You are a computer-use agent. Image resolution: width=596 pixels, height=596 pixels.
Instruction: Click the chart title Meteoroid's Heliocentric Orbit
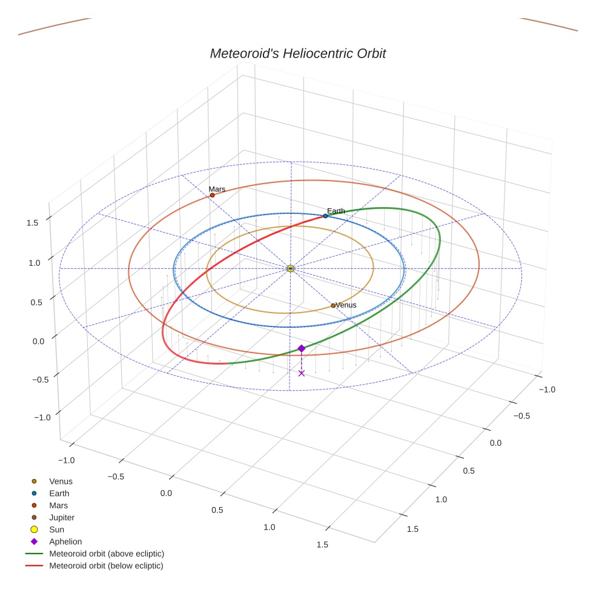click(x=297, y=53)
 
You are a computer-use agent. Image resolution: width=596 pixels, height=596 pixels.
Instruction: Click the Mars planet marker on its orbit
click(x=212, y=195)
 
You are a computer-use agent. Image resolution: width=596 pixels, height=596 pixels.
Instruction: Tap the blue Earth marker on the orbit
click(x=325, y=216)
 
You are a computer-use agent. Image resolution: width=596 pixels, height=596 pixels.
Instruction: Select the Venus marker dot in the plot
click(x=333, y=305)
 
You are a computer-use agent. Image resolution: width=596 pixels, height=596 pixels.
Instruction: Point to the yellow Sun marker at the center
click(x=291, y=268)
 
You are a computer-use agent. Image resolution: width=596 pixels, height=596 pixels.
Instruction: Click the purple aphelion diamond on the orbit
click(x=301, y=348)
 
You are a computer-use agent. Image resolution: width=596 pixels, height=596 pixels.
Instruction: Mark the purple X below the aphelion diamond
click(x=301, y=373)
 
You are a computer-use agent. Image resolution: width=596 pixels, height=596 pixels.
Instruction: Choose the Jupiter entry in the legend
click(x=61, y=517)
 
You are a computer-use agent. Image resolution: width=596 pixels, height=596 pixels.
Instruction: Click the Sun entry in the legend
click(x=56, y=529)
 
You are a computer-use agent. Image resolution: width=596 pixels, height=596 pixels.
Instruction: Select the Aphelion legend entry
click(x=65, y=541)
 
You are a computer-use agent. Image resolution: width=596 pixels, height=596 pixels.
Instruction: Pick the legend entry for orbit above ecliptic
click(x=106, y=554)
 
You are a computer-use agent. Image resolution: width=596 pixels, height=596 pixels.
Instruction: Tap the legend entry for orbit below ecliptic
click(x=106, y=566)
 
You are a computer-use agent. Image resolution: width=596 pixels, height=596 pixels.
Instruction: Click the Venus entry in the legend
click(x=61, y=482)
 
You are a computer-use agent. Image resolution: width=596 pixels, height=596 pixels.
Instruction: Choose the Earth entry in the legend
click(x=59, y=494)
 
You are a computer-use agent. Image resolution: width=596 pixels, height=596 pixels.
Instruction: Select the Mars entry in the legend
click(x=58, y=505)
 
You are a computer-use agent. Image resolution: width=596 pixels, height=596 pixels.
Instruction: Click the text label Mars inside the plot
click(x=217, y=189)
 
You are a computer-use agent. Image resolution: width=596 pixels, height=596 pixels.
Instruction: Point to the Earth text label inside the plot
click(x=336, y=211)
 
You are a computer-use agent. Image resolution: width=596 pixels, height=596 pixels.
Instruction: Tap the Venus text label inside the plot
click(x=346, y=305)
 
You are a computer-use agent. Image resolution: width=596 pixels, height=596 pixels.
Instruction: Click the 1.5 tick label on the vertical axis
click(x=33, y=223)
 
